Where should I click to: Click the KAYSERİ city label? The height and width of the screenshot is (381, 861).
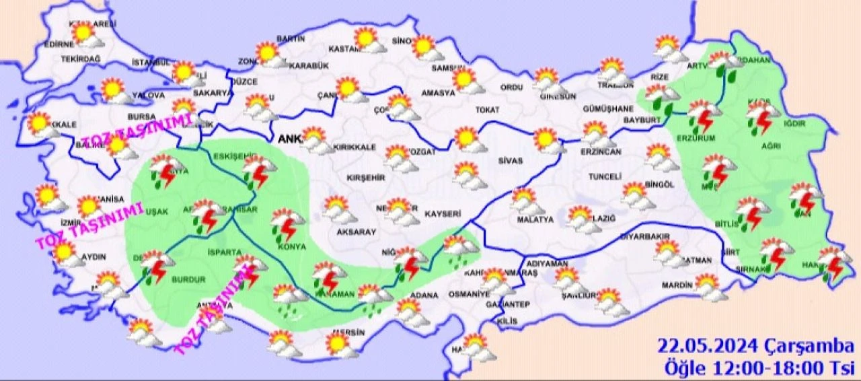[x=443, y=214]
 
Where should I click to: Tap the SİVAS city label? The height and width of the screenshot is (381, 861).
[x=511, y=162]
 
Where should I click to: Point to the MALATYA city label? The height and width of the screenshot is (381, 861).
[x=535, y=219]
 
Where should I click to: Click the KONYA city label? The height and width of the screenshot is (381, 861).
[x=291, y=247]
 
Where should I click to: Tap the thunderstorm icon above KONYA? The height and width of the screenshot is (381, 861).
[x=287, y=223]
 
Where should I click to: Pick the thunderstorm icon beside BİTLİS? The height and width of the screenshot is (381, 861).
[x=752, y=211]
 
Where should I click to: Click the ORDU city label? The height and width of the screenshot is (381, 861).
[x=511, y=88]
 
